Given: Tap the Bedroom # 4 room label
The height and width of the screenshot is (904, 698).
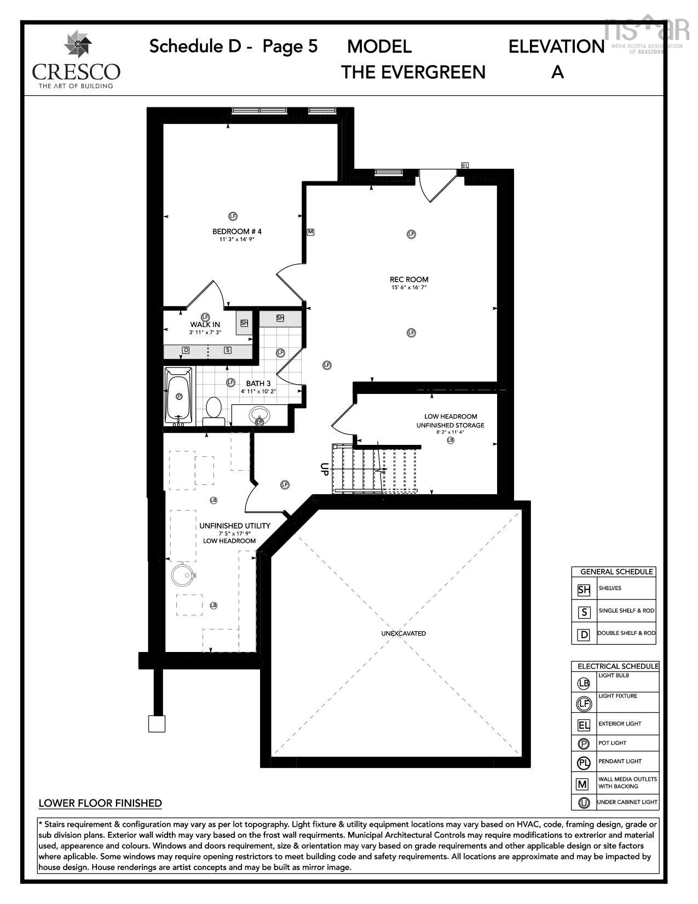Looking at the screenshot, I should click(x=237, y=231).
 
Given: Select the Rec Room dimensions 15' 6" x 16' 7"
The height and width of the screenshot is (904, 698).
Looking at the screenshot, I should click(x=409, y=287).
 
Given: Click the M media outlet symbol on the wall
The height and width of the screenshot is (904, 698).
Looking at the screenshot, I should click(x=310, y=232).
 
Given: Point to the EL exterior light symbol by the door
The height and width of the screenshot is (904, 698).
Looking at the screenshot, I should click(x=465, y=165).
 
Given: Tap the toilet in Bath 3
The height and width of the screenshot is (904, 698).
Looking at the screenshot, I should click(x=214, y=410).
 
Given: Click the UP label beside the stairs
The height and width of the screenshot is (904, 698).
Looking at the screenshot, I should click(x=324, y=468).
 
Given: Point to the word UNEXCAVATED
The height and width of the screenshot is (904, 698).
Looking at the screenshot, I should click(x=403, y=633).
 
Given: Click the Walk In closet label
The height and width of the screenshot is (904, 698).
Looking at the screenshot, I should click(x=205, y=324).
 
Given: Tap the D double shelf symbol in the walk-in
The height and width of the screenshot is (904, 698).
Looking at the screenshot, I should click(x=186, y=350).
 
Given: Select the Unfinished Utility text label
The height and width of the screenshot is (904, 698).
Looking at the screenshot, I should click(x=234, y=525).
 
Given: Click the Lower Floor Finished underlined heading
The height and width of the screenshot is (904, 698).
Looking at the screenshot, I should click(x=100, y=803).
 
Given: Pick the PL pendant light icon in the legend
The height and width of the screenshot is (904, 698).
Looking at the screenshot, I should click(x=584, y=762).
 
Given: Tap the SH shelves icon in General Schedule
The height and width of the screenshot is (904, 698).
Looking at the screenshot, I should click(x=584, y=590).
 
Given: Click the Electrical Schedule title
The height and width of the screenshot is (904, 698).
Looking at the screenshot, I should click(x=618, y=666).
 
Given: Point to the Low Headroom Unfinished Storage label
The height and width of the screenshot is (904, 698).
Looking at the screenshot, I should click(x=450, y=421).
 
